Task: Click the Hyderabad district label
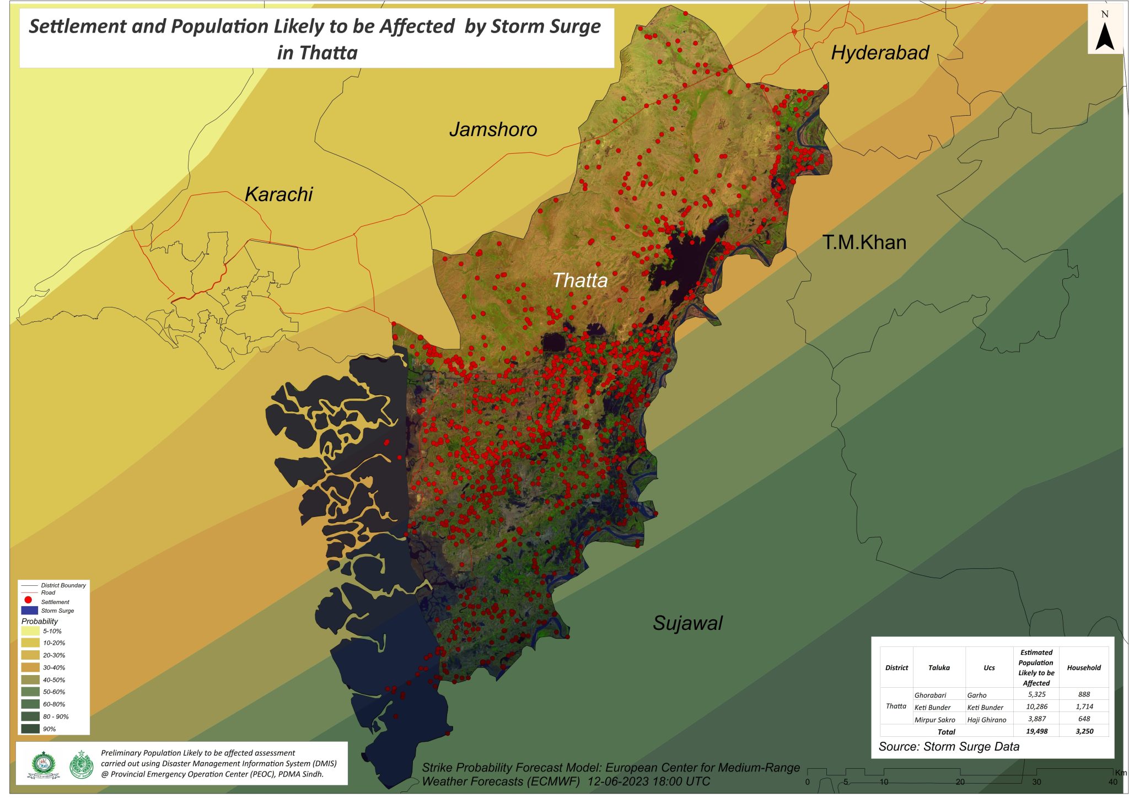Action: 880,53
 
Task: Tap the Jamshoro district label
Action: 493,130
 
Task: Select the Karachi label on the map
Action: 278,195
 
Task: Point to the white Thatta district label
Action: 580,281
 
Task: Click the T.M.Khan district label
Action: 864,242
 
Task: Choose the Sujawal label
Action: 687,623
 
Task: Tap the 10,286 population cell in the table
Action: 1036,707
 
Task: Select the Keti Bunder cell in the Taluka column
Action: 932,708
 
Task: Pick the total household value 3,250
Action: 1084,731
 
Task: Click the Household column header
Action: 1083,668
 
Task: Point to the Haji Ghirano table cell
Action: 986,720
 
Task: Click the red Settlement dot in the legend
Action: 28,600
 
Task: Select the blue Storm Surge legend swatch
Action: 29,611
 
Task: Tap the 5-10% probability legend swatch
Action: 30,631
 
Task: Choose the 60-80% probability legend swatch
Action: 30,704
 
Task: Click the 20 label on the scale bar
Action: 960,782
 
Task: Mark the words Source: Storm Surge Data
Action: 949,747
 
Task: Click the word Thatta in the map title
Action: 329,53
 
